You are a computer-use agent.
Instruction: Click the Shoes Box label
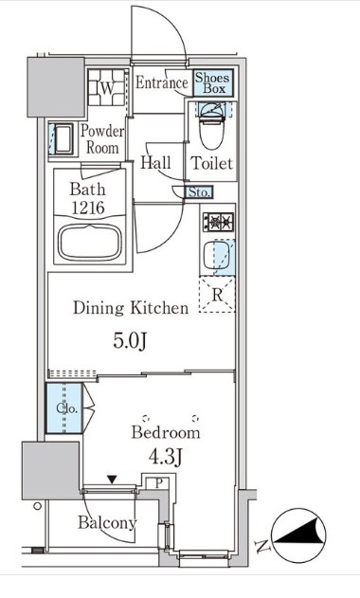213,83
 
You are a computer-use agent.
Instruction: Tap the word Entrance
162,82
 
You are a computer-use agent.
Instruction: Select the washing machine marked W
107,88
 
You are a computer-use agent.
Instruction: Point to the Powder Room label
102,139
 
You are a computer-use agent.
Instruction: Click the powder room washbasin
63,138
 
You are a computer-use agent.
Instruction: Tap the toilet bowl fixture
211,127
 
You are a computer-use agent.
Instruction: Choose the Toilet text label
212,163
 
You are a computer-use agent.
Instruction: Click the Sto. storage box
199,191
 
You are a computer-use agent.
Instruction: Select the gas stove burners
218,222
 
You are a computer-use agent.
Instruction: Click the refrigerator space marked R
217,295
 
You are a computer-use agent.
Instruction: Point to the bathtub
90,243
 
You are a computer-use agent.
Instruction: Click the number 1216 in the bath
88,208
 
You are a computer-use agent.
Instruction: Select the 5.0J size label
130,340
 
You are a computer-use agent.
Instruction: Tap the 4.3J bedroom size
166,456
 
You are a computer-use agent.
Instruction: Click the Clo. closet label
67,408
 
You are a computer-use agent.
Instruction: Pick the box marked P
159,482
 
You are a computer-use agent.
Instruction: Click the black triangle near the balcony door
112,479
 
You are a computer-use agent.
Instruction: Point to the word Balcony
107,522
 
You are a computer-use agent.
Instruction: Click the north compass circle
298,535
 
